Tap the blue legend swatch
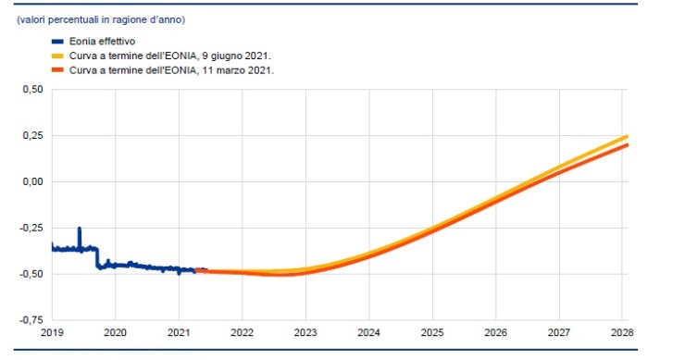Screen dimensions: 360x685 click(x=56, y=42)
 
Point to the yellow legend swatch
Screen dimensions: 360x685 click(x=56, y=56)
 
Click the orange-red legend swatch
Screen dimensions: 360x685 click(x=56, y=69)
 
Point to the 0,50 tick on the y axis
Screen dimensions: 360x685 click(x=32, y=90)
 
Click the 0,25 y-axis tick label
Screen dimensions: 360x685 click(x=32, y=136)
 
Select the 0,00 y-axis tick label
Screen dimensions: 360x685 click(x=32, y=182)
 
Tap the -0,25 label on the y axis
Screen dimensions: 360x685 click(x=31, y=229)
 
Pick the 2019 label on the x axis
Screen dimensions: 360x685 click(x=51, y=331)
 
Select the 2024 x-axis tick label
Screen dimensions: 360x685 click(x=368, y=331)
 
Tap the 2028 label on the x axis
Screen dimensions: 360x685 click(x=622, y=331)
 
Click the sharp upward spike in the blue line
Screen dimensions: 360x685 click(x=79, y=229)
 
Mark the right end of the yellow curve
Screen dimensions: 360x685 click(x=627, y=137)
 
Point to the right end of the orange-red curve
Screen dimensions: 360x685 click(x=627, y=145)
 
